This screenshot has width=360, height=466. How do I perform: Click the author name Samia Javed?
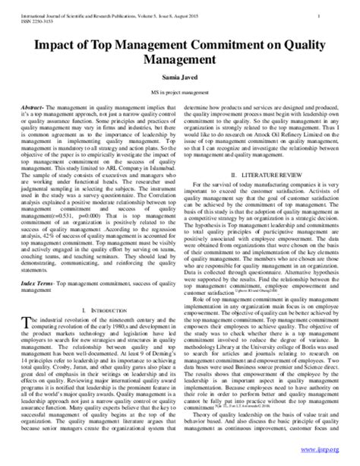[180, 77]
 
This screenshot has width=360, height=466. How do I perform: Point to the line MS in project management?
[180, 94]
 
